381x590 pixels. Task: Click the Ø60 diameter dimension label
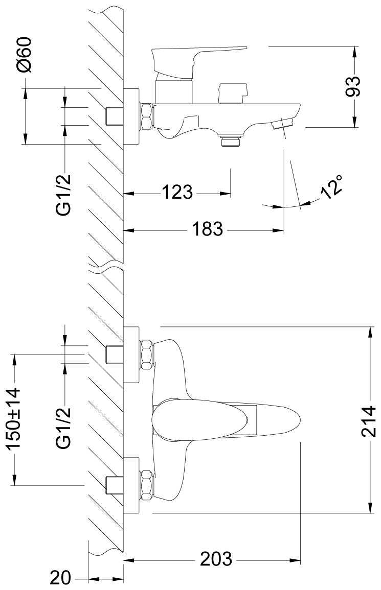coord(24,55)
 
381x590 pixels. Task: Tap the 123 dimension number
coord(177,193)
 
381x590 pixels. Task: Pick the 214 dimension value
coord(368,421)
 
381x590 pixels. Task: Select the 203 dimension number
coord(215,559)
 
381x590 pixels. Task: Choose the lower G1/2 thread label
coord(64,428)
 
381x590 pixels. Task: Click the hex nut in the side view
coord(146,116)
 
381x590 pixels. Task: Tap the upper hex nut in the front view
coord(147,353)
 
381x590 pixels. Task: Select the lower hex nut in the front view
coord(147,484)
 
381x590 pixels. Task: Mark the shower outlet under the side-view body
coord(231,139)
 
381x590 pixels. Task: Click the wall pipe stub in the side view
coord(114,116)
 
